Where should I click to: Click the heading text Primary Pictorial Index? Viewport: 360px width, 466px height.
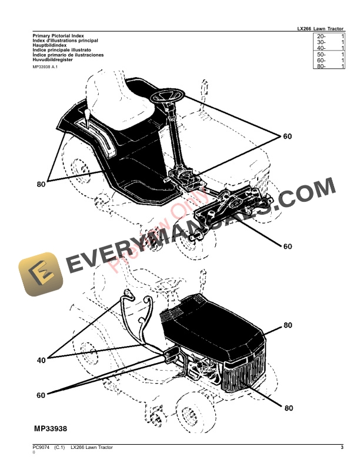click(x=58, y=35)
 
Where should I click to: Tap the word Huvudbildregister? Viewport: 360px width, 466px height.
click(x=53, y=59)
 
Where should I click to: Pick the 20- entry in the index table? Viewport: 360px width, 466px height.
click(x=321, y=36)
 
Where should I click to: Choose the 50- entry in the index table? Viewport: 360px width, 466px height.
click(x=321, y=54)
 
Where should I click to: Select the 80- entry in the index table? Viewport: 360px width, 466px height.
click(x=321, y=66)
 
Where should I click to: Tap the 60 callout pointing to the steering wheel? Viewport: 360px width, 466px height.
click(x=287, y=137)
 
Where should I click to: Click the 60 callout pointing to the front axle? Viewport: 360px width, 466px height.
click(x=287, y=246)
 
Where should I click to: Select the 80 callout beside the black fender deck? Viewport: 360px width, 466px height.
click(x=41, y=184)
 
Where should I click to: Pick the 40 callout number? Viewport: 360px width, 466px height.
click(x=41, y=360)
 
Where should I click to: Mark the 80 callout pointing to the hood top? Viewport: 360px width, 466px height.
click(x=288, y=325)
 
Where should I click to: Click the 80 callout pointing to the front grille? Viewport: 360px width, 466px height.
click(x=288, y=407)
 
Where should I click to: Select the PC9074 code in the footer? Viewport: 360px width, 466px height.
click(x=41, y=448)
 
